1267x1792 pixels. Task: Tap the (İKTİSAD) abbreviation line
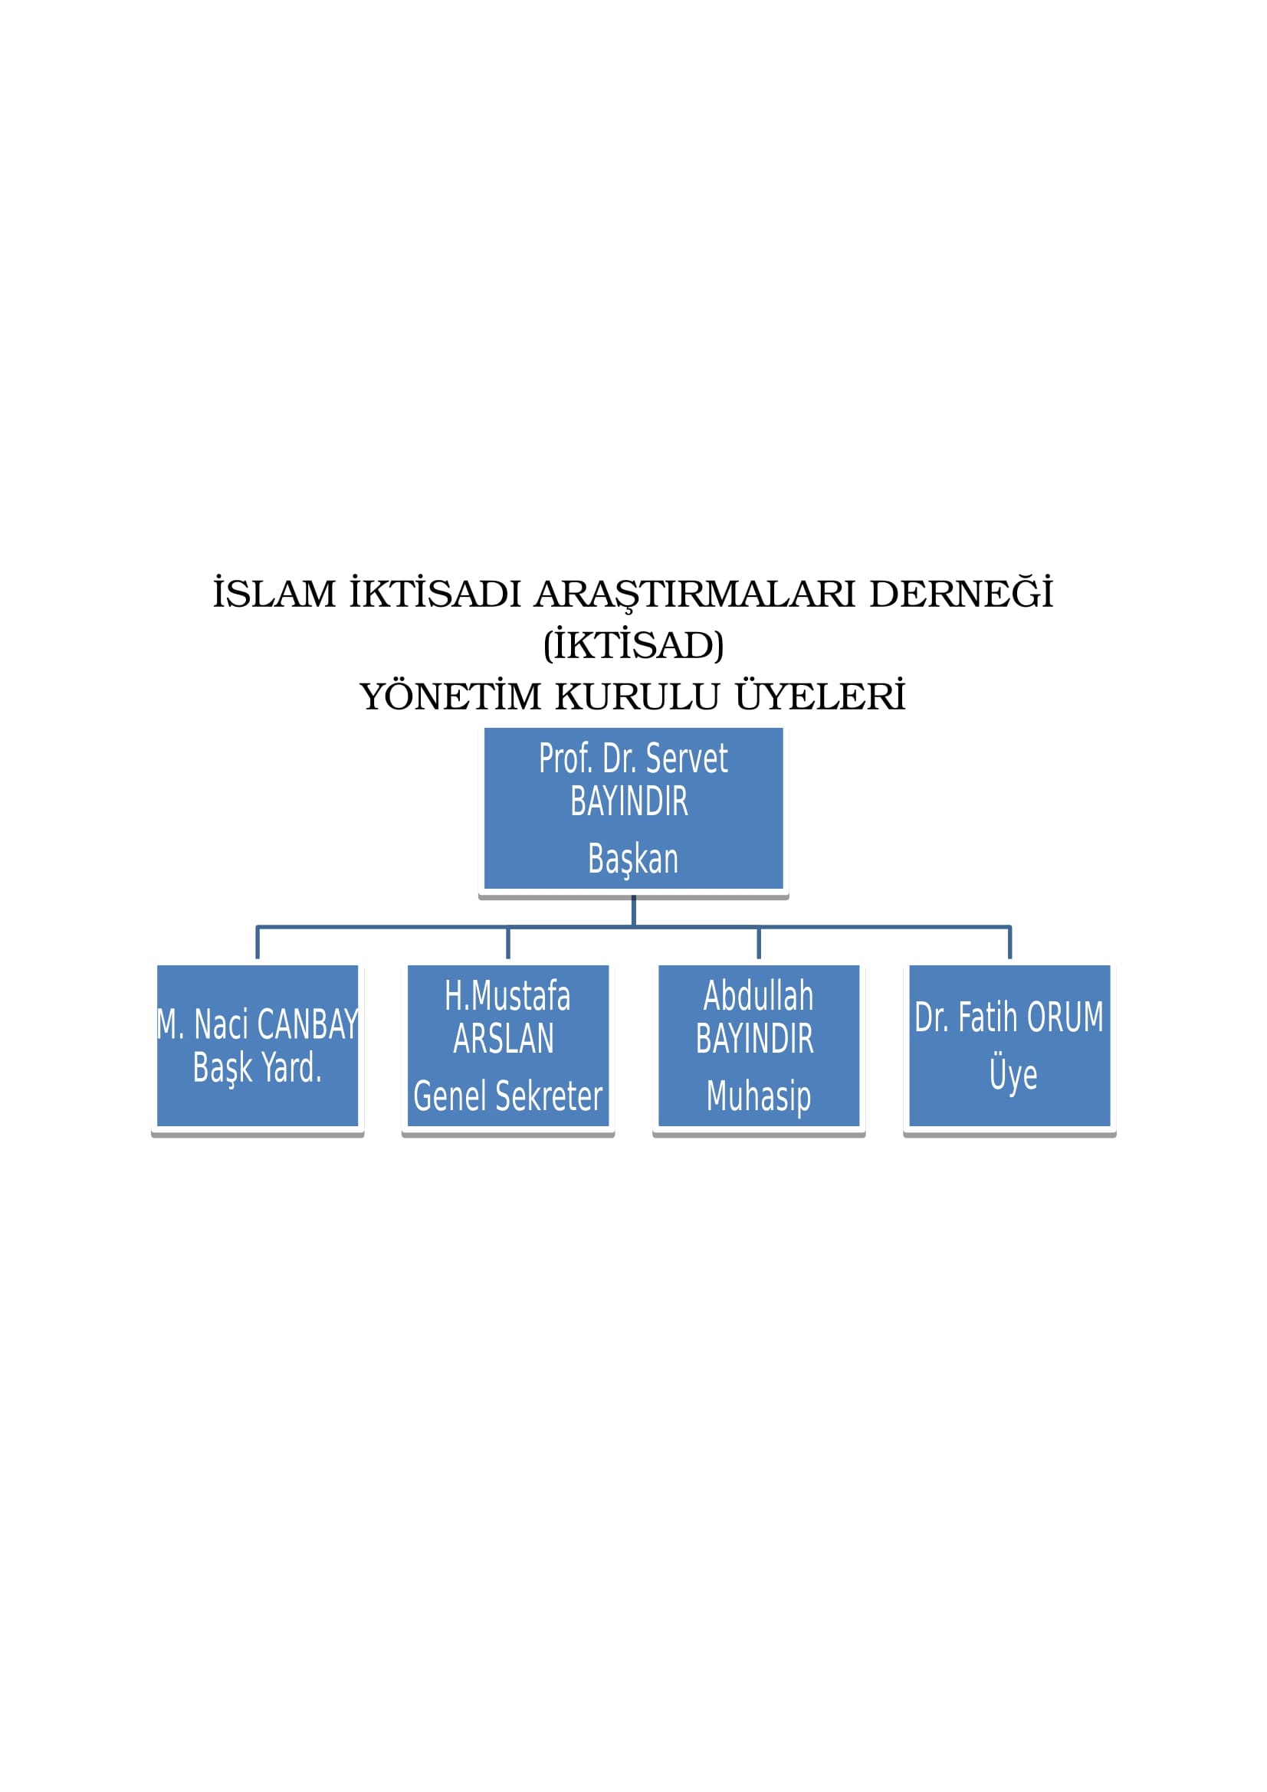click(633, 644)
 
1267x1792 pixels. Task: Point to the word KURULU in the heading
click(637, 697)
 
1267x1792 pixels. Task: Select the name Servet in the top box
click(687, 759)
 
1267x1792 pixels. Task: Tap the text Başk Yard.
click(258, 1069)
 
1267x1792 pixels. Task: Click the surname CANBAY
click(307, 1026)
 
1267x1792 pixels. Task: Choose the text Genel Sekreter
click(507, 1096)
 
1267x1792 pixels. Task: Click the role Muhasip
click(759, 1097)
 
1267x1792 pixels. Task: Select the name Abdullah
click(759, 997)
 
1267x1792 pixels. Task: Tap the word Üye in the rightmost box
click(1013, 1074)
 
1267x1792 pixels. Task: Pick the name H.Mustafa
click(507, 997)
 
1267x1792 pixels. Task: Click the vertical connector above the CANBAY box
click(258, 943)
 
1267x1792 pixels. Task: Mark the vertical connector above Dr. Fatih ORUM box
click(1010, 943)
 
